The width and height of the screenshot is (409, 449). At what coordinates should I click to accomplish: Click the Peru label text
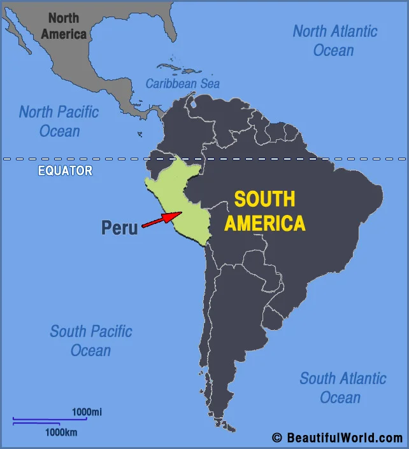pos(120,228)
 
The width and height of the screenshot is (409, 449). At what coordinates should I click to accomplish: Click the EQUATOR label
pos(65,170)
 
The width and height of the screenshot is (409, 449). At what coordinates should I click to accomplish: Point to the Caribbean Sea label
pos(183,83)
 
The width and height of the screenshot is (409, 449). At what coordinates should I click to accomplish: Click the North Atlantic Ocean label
pos(335,40)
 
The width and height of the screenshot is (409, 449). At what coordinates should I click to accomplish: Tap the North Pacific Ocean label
pos(59,121)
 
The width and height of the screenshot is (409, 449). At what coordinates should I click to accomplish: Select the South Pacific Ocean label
pos(91,340)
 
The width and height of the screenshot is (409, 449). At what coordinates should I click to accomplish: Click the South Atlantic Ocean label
pos(343,387)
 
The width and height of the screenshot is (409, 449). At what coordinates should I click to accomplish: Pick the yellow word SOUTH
pos(264,199)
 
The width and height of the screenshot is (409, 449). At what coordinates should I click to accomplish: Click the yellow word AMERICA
pos(264,223)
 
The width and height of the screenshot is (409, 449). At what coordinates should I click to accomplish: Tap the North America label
pos(64,26)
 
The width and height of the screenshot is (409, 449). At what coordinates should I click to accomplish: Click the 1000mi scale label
pos(87,412)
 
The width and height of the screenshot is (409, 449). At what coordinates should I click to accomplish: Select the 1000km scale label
pos(61,432)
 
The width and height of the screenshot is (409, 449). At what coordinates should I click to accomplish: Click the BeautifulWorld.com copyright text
pos(338,438)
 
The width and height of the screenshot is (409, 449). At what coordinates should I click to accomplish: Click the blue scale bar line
pos(50,419)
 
